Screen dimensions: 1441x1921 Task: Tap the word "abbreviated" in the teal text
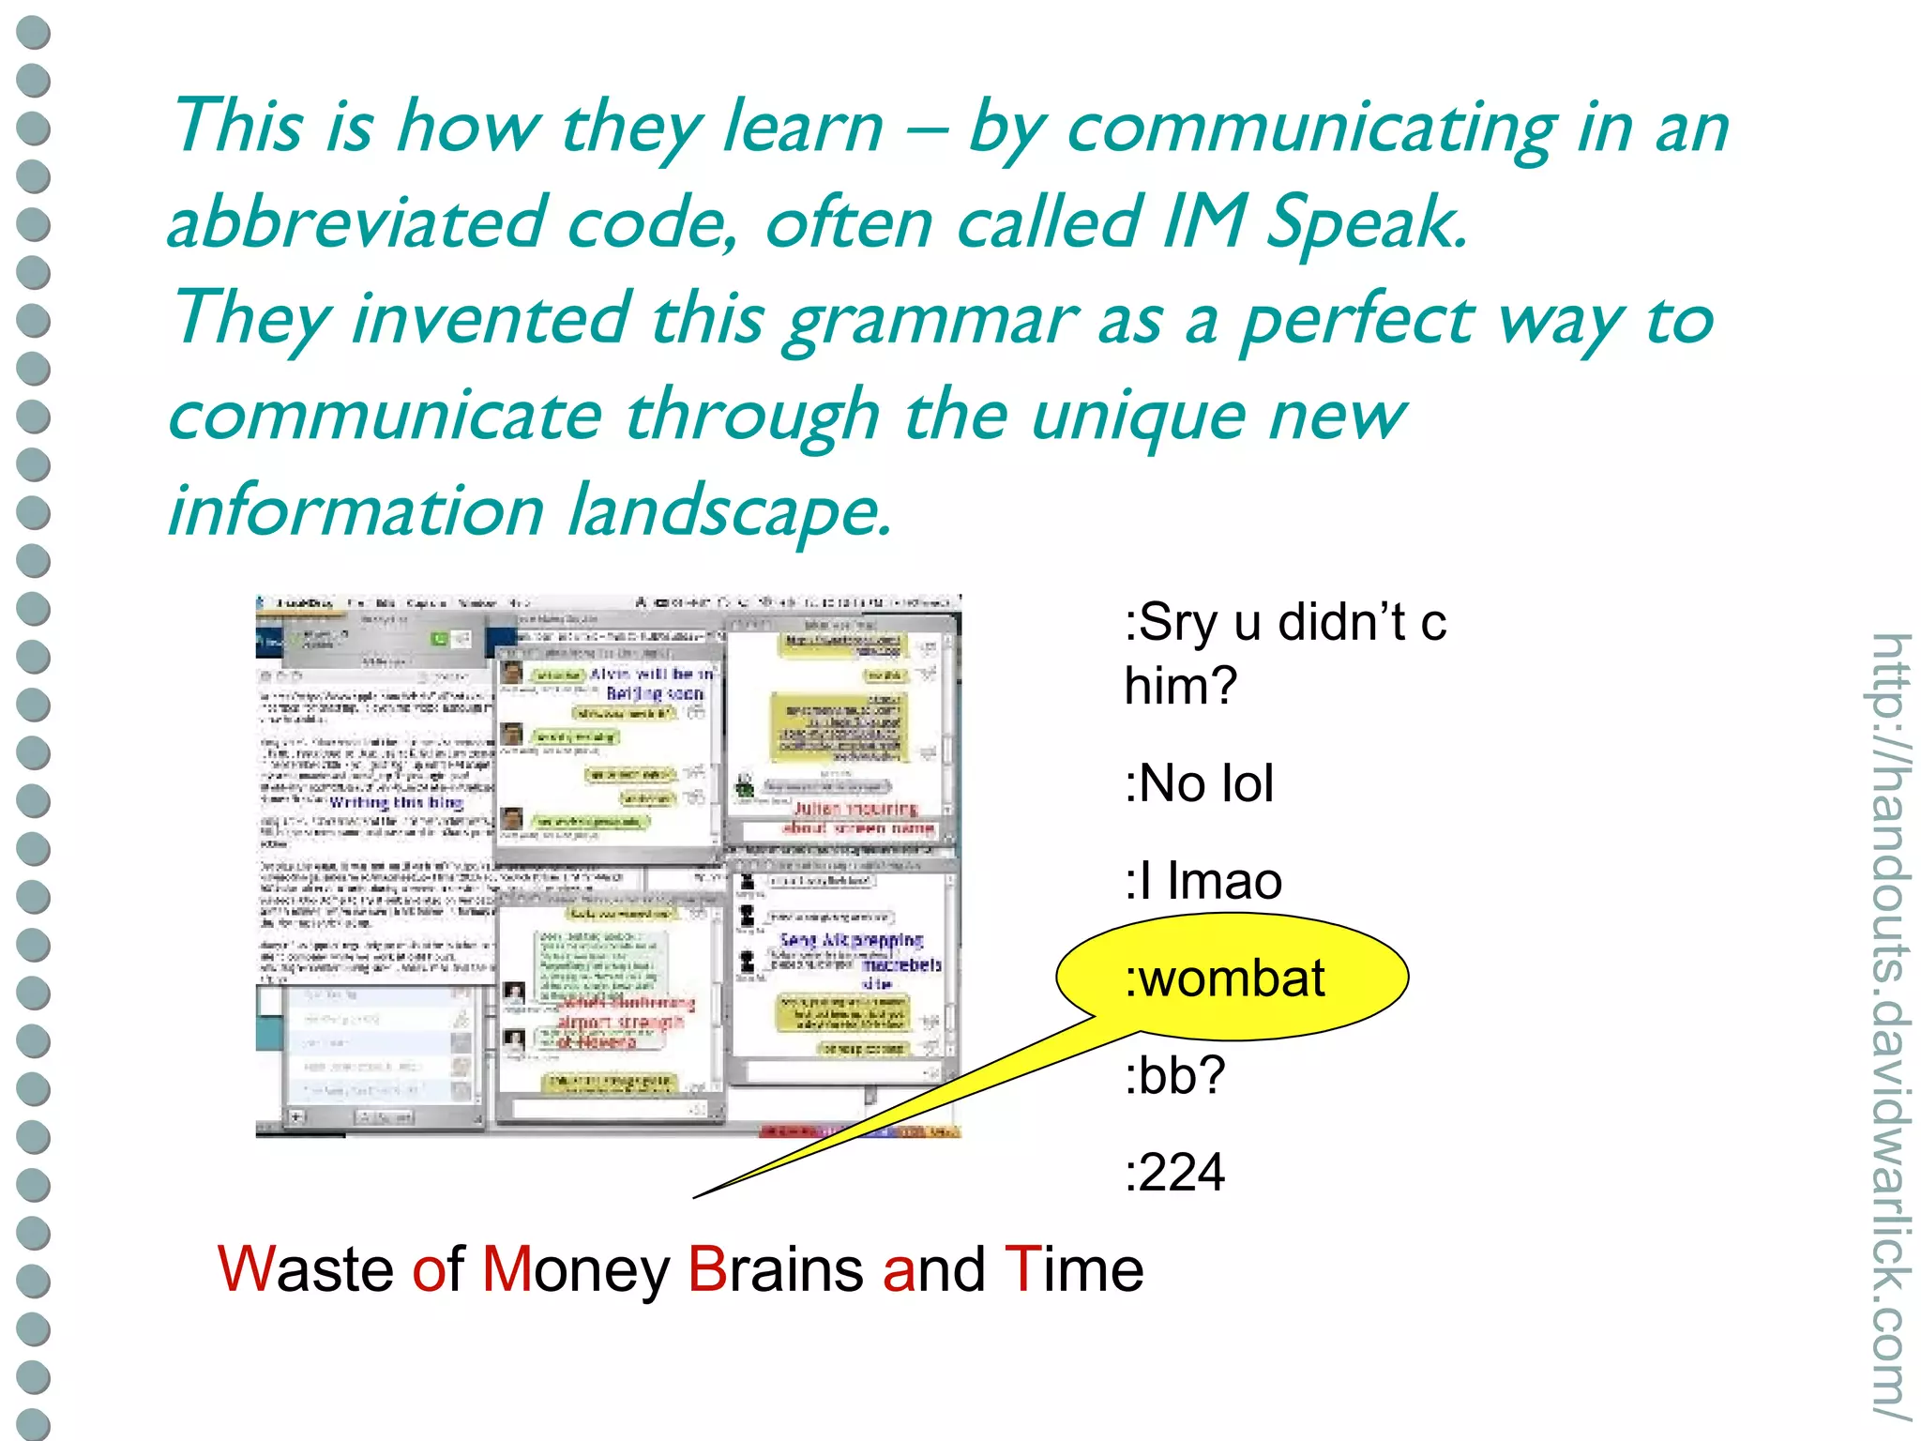[x=356, y=223]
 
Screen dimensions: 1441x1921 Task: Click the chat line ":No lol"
[x=1199, y=783]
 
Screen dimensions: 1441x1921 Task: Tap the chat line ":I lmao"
[x=1203, y=881]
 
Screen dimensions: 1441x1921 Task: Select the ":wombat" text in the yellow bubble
[x=1225, y=978]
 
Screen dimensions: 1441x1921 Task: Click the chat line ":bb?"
[x=1174, y=1075]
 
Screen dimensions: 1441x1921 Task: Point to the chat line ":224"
[x=1174, y=1172]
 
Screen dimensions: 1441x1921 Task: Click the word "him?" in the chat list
[x=1181, y=686]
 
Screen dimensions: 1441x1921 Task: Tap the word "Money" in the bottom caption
[x=576, y=1269]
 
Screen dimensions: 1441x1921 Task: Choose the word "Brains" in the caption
[x=775, y=1269]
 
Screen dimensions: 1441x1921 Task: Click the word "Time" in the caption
[x=1073, y=1269]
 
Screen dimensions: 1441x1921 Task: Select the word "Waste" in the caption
[x=305, y=1269]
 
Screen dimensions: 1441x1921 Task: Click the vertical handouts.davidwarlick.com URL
[x=1889, y=1027]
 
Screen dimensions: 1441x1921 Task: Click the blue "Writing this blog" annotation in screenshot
[x=396, y=803]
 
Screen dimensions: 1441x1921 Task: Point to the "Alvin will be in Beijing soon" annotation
[x=653, y=684]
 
